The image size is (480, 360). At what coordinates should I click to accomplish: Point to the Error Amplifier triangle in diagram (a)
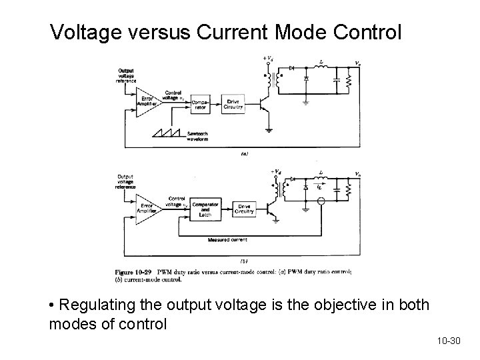click(149, 104)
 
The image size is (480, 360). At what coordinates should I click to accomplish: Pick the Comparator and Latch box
click(205, 208)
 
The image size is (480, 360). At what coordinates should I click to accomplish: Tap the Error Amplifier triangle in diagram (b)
click(149, 207)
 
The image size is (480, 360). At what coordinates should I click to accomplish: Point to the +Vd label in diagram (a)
click(268, 60)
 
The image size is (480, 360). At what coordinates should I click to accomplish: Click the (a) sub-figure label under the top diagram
click(245, 154)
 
